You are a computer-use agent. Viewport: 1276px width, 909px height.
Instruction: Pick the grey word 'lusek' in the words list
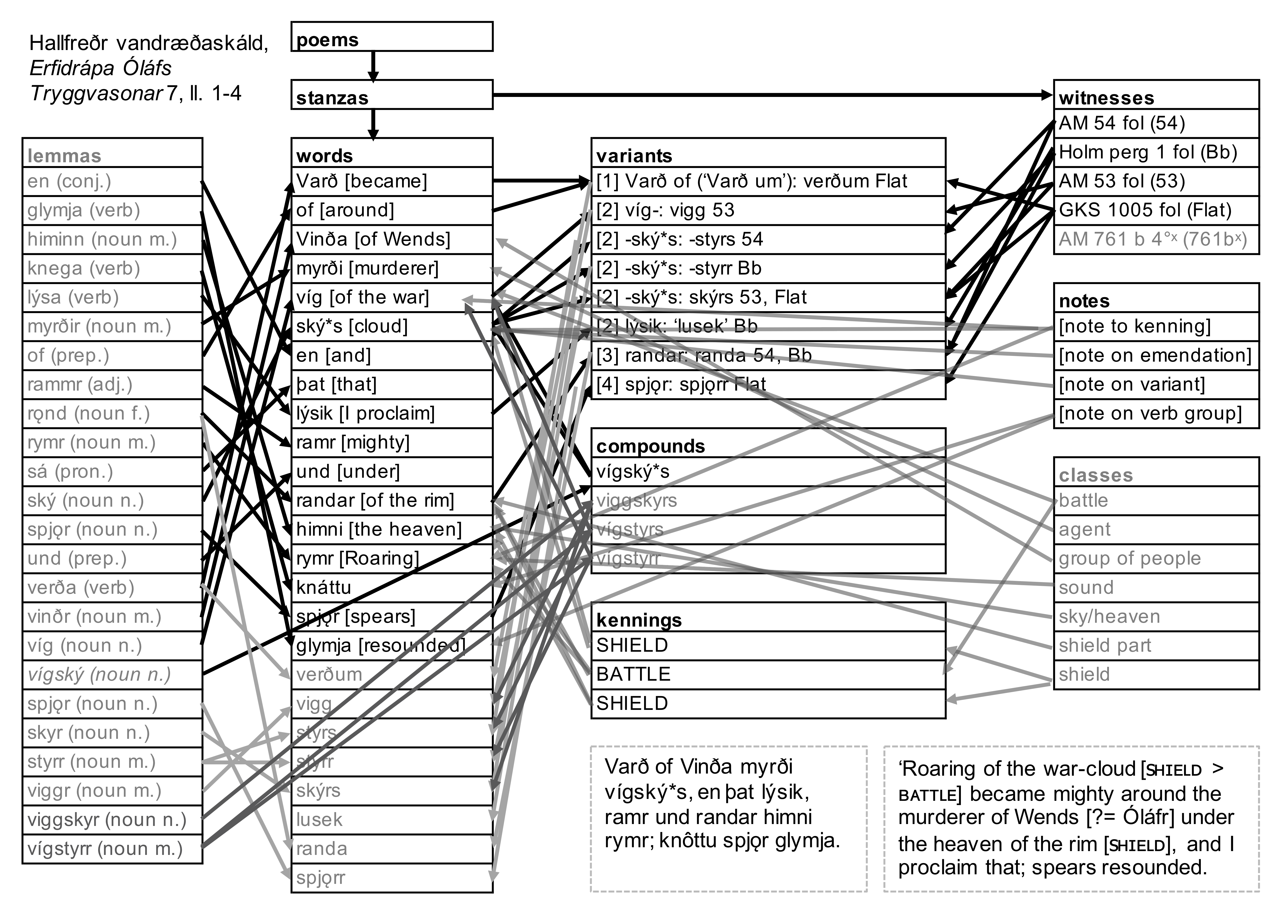point(319,819)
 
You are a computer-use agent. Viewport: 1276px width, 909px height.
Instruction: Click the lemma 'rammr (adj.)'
point(80,385)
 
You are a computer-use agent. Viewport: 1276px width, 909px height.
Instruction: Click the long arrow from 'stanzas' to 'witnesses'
point(773,95)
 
